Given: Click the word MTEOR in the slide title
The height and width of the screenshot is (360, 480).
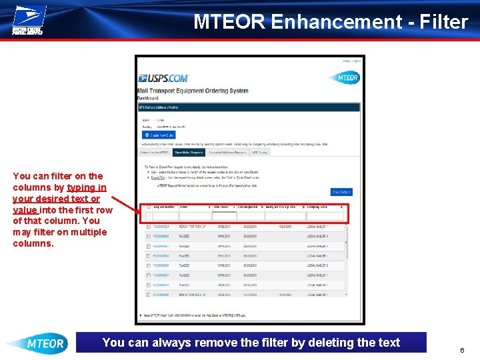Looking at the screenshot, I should click(x=229, y=22).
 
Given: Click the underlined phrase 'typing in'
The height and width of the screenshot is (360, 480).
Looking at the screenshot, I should click(x=86, y=187).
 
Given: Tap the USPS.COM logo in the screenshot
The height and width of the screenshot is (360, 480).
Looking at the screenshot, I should click(x=163, y=78).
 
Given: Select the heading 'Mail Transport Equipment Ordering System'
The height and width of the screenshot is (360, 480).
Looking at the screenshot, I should click(x=193, y=91).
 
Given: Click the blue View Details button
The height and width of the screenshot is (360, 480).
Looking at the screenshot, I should click(x=341, y=192).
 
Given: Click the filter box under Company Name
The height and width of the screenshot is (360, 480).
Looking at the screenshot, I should click(x=325, y=216).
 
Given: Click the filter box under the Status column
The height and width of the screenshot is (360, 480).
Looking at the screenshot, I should click(x=195, y=216).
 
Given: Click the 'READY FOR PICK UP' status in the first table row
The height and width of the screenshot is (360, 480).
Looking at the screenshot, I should click(x=193, y=227).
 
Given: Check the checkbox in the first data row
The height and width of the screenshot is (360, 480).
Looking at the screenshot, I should click(x=148, y=227).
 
